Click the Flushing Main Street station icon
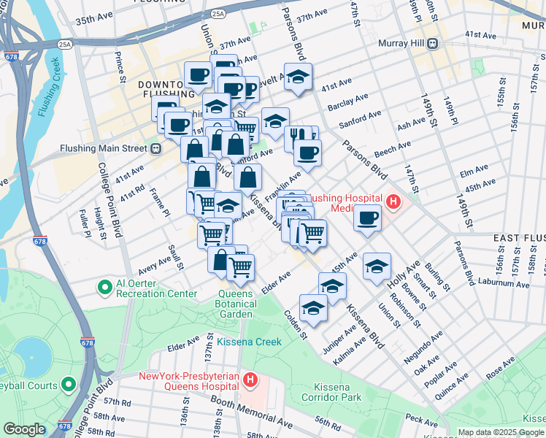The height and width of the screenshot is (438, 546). click(155, 148)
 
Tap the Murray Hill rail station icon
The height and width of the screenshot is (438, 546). click(433, 43)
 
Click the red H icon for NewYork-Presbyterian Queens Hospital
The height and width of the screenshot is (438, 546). click(250, 380)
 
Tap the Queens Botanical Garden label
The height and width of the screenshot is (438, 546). click(236, 300)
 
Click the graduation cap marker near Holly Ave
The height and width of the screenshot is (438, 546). click(377, 266)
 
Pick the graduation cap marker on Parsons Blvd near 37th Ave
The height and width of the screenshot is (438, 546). click(297, 77)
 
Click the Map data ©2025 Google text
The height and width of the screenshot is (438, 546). click(499, 431)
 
